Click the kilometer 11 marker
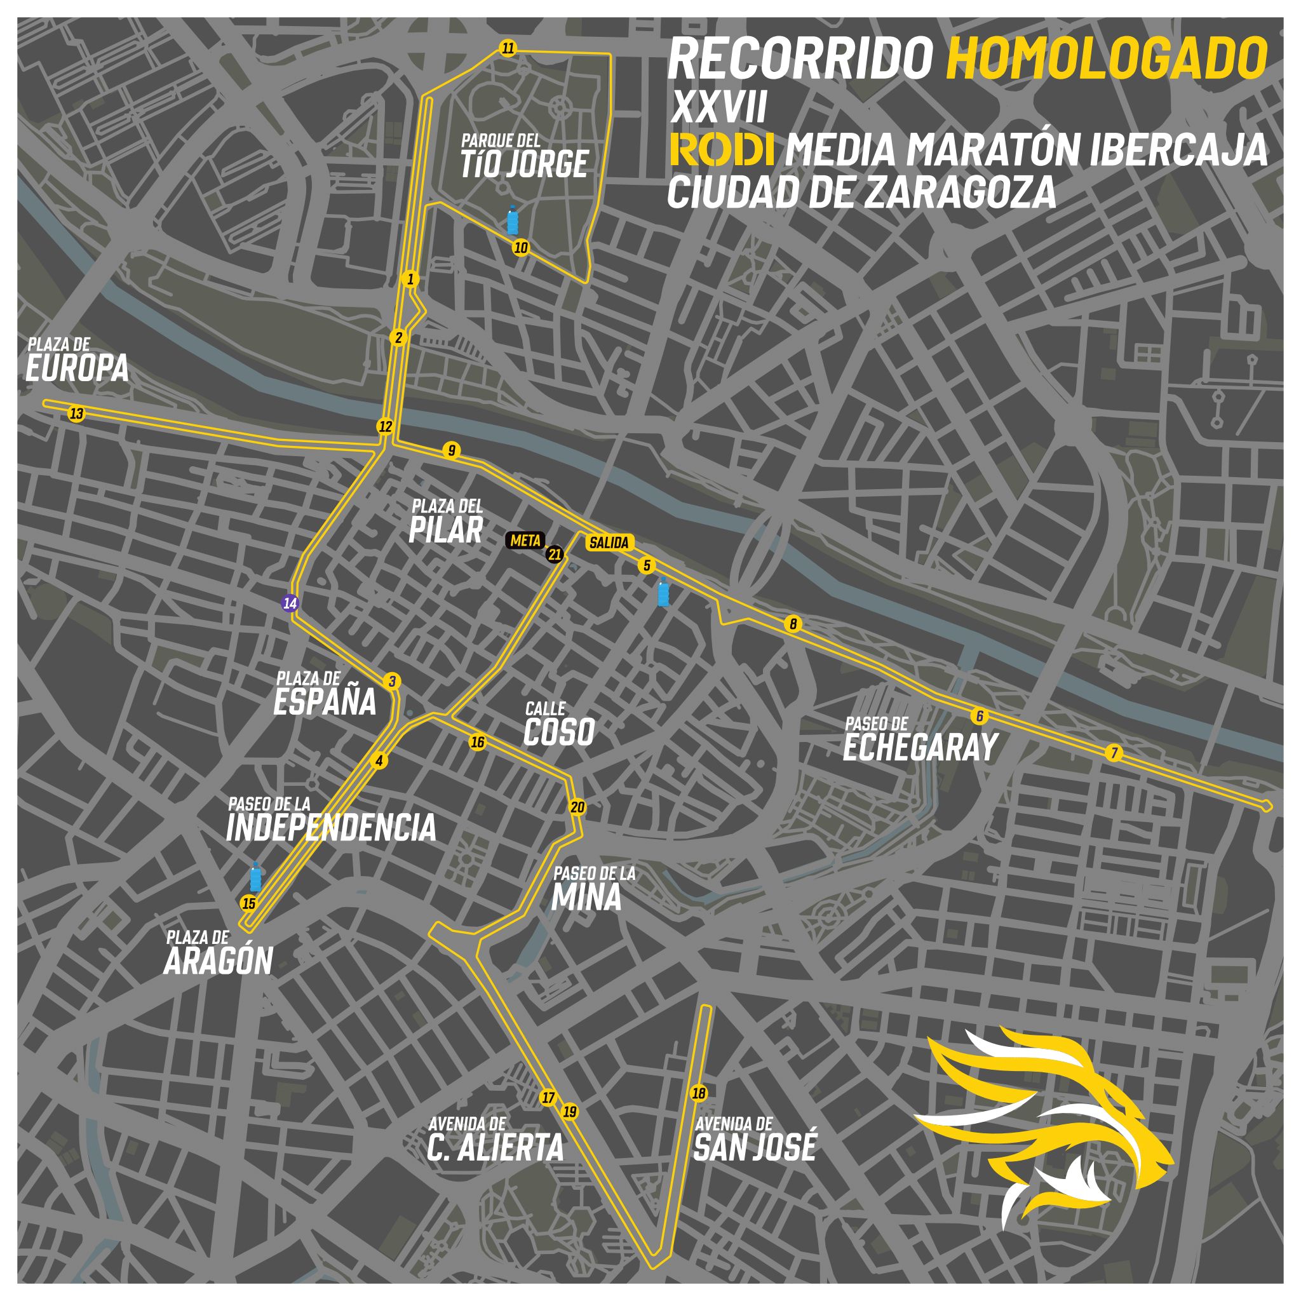[508, 48]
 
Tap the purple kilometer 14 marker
[290, 603]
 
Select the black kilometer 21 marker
[555, 555]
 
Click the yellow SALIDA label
[609, 543]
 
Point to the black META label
[523, 540]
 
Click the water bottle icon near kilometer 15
[256, 877]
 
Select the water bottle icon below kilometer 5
[664, 593]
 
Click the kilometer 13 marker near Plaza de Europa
[77, 414]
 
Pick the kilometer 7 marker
[1114, 753]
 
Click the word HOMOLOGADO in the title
[1107, 59]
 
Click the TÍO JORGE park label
[525, 164]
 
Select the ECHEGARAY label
[920, 748]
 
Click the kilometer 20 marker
[577, 807]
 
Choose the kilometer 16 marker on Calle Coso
[478, 743]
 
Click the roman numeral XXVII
[718, 109]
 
